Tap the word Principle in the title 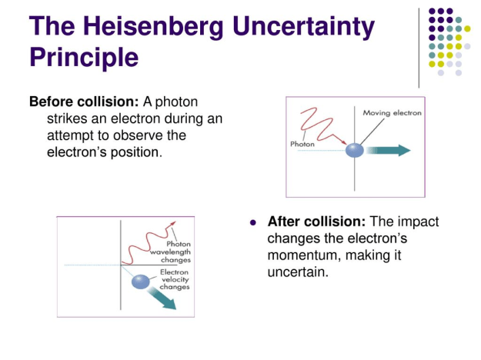[84, 57]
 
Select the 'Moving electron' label [392, 113]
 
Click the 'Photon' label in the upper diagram [302, 144]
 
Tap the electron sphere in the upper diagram [354, 149]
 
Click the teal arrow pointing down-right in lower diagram [162, 298]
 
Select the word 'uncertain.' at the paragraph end [298, 271]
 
